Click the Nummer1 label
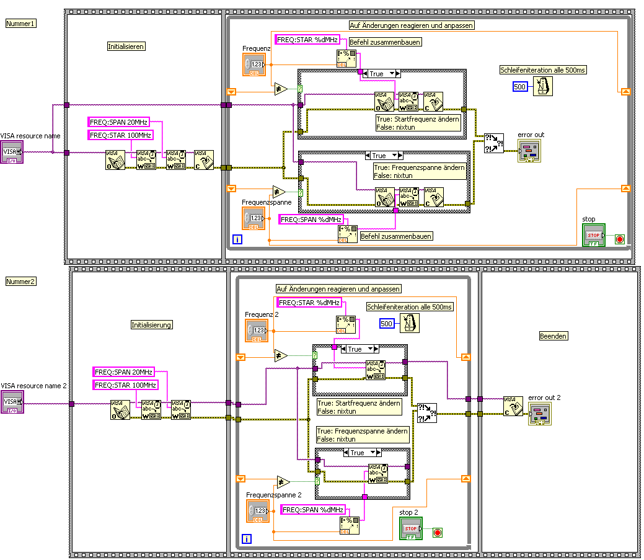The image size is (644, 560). (x=21, y=24)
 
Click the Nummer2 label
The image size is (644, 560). (x=21, y=282)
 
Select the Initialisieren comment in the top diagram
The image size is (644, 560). (x=126, y=47)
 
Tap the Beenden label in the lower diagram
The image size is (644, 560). (x=554, y=336)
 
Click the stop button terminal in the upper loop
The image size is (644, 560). (x=593, y=235)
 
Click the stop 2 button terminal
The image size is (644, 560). (x=410, y=529)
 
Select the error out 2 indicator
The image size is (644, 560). (x=539, y=413)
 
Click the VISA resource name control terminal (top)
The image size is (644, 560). (x=12, y=152)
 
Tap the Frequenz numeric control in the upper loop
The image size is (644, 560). (x=254, y=64)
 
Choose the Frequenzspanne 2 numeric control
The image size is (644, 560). (x=257, y=511)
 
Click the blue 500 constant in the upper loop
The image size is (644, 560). (x=520, y=87)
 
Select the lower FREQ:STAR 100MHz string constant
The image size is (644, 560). (x=125, y=385)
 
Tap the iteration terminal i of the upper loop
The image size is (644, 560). (x=236, y=239)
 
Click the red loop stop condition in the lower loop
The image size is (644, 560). (x=437, y=532)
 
